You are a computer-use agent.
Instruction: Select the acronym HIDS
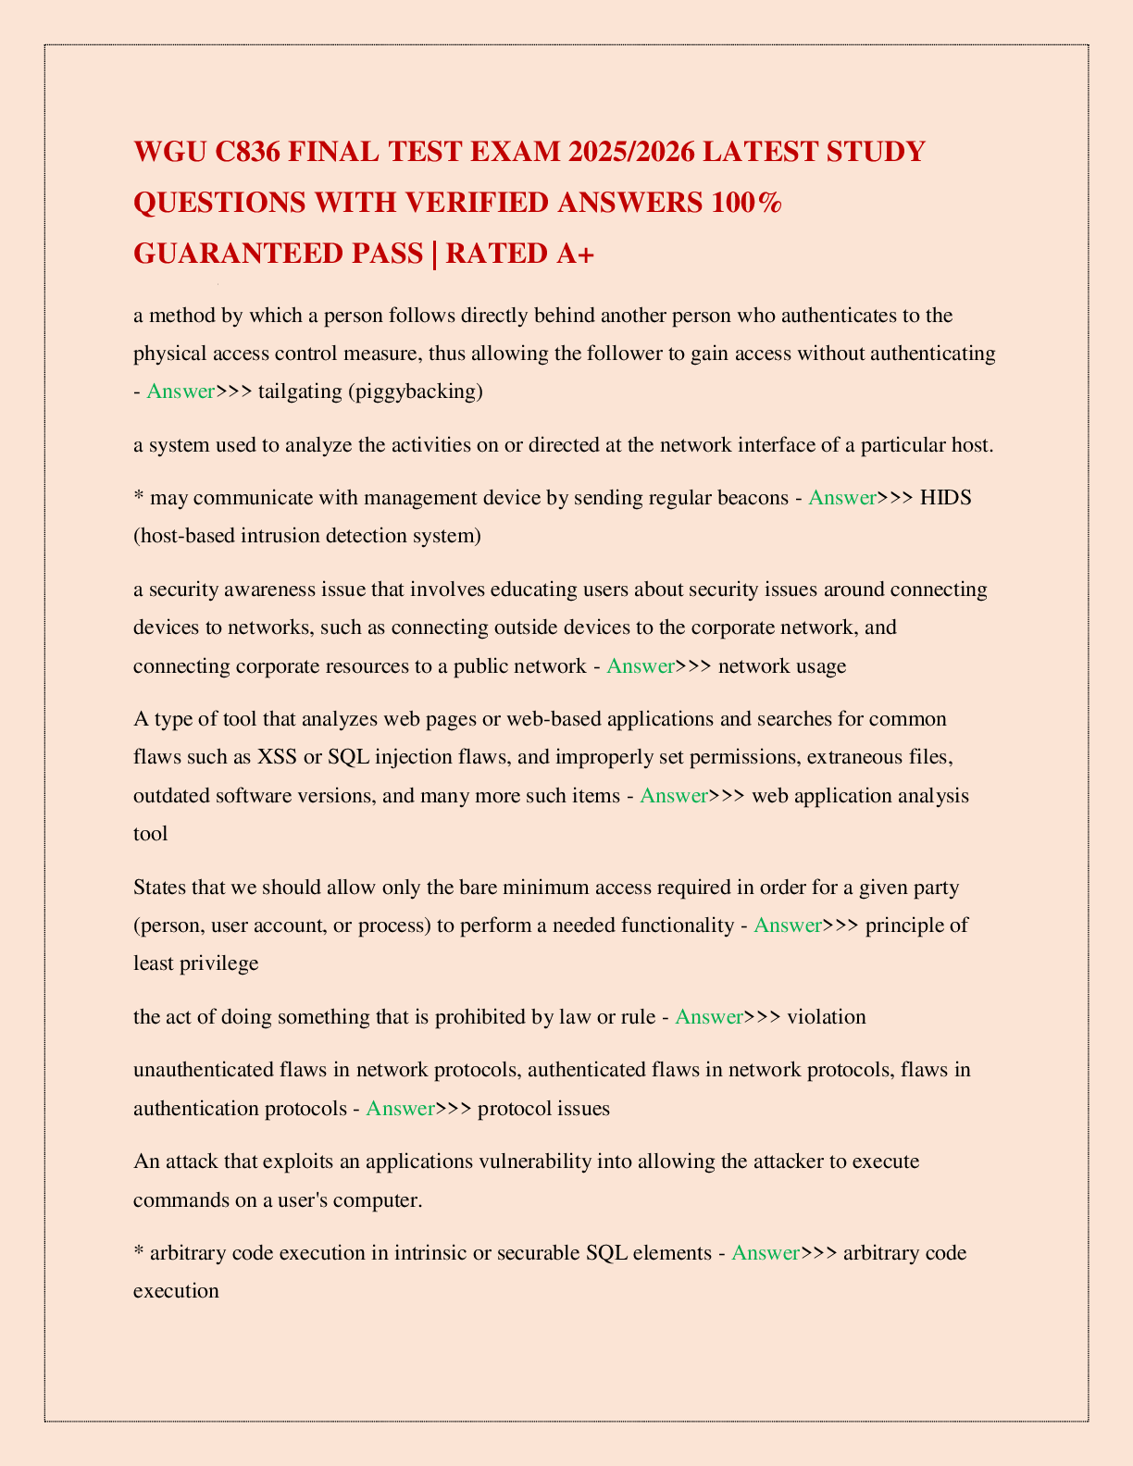coord(946,498)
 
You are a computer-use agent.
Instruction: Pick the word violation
coord(826,1017)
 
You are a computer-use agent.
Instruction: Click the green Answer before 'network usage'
coord(641,666)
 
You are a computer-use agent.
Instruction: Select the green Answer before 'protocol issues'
coord(400,1109)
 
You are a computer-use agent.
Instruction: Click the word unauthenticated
coord(202,1071)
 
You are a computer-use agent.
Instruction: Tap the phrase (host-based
coord(186,536)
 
